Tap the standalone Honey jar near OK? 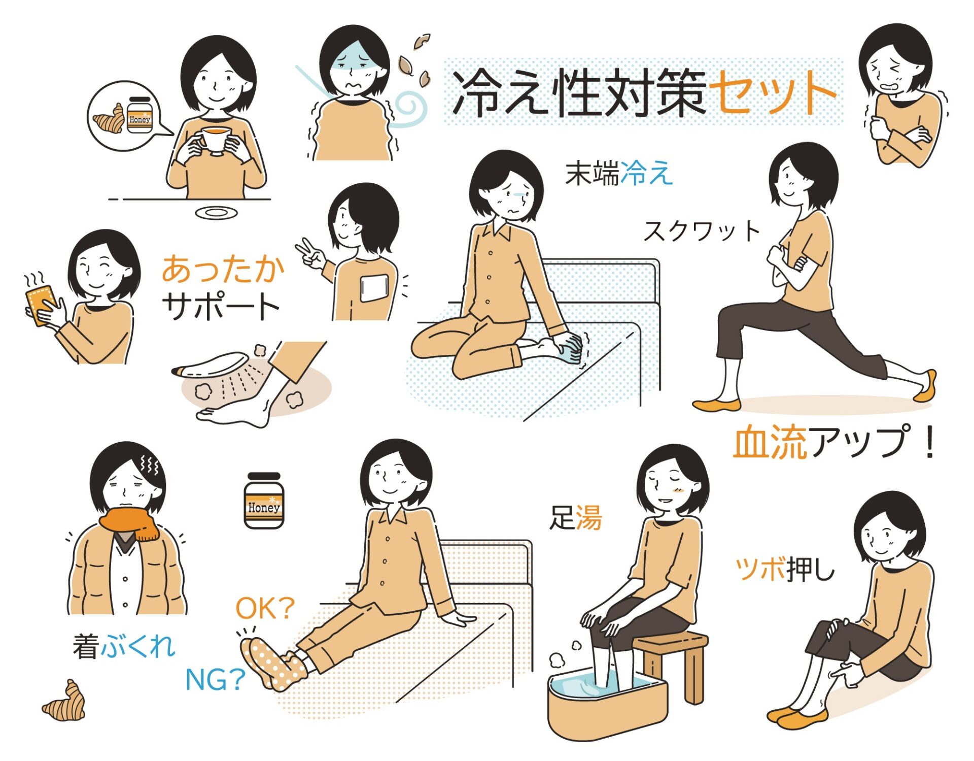tap(263, 501)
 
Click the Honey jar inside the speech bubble tap(139, 115)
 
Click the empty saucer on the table tap(217, 212)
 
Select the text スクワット tap(702, 231)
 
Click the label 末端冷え tap(619, 173)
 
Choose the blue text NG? tap(215, 679)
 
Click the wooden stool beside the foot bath tap(675, 660)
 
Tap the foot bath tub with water tap(606, 703)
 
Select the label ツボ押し tap(785, 569)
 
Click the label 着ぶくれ tap(124, 646)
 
